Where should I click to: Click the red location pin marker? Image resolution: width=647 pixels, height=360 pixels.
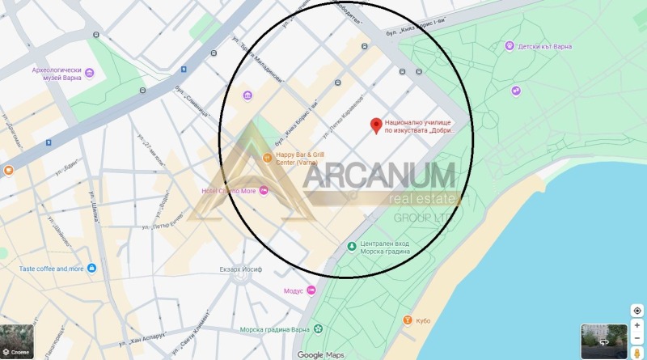tap(376, 125)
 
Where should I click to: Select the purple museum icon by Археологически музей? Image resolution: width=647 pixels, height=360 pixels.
tap(89, 74)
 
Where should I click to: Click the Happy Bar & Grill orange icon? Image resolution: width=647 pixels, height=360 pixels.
tap(268, 157)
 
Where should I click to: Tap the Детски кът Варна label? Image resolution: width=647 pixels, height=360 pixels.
tap(544, 47)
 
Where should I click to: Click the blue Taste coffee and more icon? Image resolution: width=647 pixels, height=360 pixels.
tap(92, 268)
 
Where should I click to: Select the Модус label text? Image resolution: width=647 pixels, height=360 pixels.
tap(294, 290)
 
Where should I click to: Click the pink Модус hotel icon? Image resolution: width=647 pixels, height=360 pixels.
tap(311, 290)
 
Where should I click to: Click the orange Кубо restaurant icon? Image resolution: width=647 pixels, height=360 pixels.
tap(406, 321)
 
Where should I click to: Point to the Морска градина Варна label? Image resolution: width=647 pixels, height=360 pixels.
tap(276, 329)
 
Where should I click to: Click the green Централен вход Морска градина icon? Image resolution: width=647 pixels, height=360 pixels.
tap(351, 246)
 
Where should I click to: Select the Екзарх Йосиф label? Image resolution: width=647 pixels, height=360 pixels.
tap(242, 270)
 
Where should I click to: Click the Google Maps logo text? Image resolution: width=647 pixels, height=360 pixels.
tap(321, 355)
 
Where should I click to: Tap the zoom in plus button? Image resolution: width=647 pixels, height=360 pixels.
tap(637, 325)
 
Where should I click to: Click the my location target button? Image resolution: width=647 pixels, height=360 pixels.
tap(637, 311)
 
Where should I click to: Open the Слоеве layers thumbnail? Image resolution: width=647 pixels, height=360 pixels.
tap(17, 341)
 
